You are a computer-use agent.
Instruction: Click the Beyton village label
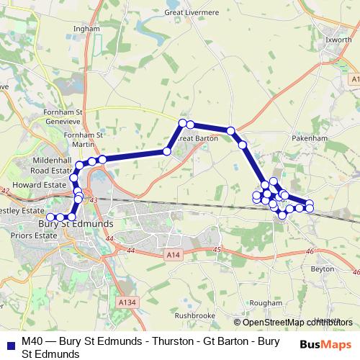323,268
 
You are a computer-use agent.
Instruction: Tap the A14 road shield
172,255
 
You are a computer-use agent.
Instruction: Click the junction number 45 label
217,250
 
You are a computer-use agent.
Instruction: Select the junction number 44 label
130,250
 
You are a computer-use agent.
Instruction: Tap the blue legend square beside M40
8,343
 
